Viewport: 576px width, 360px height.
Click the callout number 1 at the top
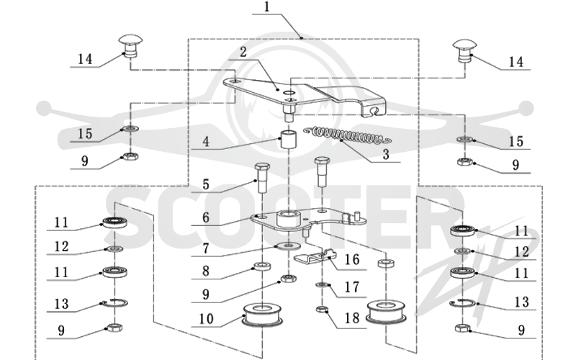click(267, 7)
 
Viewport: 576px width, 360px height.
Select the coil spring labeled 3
click(348, 135)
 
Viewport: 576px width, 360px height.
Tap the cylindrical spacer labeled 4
click(289, 139)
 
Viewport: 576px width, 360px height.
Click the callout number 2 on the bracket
click(243, 52)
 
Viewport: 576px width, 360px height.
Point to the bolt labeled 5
click(261, 177)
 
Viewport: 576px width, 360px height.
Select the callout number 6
click(206, 217)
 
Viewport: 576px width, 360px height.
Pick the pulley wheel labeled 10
click(262, 315)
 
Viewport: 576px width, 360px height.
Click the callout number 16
click(352, 260)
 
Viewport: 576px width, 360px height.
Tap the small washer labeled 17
click(322, 284)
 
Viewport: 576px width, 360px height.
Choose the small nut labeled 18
click(321, 310)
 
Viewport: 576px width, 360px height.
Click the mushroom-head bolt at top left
click(130, 45)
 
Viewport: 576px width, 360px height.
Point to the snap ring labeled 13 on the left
click(115, 302)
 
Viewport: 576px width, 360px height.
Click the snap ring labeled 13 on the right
click(462, 303)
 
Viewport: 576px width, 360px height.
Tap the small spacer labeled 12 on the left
click(114, 249)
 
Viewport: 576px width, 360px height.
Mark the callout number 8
click(206, 271)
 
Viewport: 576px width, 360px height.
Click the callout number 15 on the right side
click(516, 141)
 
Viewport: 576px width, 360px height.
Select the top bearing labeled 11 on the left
click(115, 222)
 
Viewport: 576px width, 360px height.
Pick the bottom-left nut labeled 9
click(114, 328)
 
